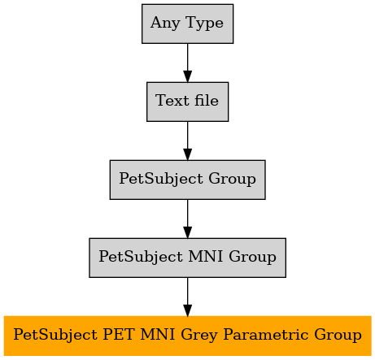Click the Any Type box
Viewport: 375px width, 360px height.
pyautogui.click(x=187, y=24)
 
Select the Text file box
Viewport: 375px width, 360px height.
pyautogui.click(x=187, y=102)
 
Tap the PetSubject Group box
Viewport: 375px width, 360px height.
pyautogui.click(x=187, y=180)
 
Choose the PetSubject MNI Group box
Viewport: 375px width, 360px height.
pyautogui.click(x=187, y=258)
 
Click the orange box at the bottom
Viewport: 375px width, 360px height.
pyautogui.click(x=187, y=336)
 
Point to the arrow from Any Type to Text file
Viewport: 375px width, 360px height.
pyautogui.click(x=187, y=63)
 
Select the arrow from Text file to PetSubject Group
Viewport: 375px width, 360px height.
pyautogui.click(x=187, y=141)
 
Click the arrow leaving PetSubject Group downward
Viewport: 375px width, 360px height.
pyautogui.click(x=187, y=219)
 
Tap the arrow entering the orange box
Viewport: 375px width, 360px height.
pyautogui.click(x=187, y=297)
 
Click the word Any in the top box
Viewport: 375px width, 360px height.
pyautogui.click(x=165, y=23)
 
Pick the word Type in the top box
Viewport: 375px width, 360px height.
pyautogui.click(x=204, y=24)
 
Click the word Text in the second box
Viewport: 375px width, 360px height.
pyautogui.click(x=172, y=101)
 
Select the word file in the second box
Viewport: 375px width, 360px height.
pyautogui.click(x=207, y=100)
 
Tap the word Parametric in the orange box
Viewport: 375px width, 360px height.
pyautogui.click(x=265, y=335)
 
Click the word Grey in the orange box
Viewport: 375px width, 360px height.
pyautogui.click(x=199, y=336)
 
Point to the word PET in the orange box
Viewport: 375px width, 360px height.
pyautogui.click(x=119, y=335)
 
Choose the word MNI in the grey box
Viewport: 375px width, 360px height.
pyautogui.click(x=205, y=257)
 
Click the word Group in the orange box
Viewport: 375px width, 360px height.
pyautogui.click(x=338, y=335)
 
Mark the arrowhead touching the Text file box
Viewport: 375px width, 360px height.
pyautogui.click(x=187, y=76)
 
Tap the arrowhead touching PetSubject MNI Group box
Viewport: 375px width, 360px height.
pyautogui.click(x=187, y=232)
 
